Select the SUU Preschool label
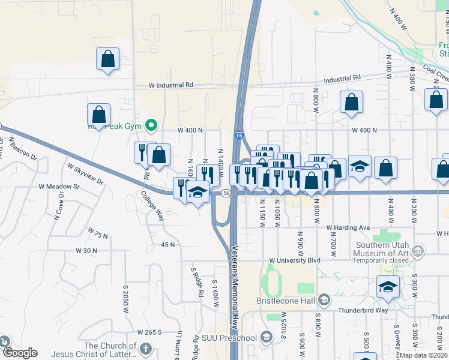pos(233,338)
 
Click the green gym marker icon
pos(152,125)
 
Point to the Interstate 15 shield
pos(239,137)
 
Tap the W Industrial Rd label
pos(172,85)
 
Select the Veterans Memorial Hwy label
pos(235,282)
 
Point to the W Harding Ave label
pos(348,228)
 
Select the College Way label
pos(152,205)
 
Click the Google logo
pos(19,353)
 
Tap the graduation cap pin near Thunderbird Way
pos(388,287)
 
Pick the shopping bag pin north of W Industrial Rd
pos(107,59)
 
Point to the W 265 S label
pos(150,332)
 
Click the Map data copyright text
pos(424,355)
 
